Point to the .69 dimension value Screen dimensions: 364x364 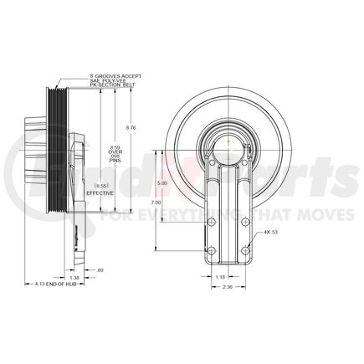(x=100, y=270)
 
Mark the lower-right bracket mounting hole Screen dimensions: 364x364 (x=244, y=252)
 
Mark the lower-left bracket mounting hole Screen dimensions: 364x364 (x=212, y=252)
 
